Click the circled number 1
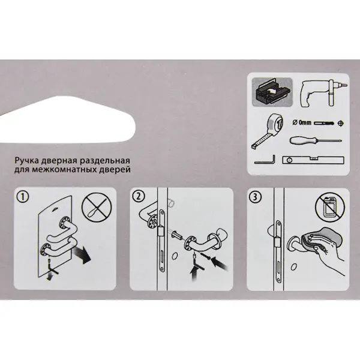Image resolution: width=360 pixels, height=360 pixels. pos(23,197)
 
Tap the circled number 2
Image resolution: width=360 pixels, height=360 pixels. pos(139,197)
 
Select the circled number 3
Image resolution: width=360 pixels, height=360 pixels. pos(255,197)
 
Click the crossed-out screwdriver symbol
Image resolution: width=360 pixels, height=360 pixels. pos(97,208)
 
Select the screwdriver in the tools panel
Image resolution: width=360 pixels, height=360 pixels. pos(316,140)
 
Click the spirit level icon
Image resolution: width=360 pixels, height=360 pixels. pos(313,160)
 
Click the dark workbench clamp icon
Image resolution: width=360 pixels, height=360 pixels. pos(272,92)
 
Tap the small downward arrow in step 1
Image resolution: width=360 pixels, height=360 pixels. pos(49,277)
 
